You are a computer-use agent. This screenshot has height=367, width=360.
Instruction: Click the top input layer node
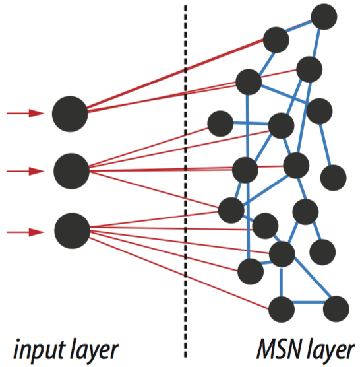[70, 114]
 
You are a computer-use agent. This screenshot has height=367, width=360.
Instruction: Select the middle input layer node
[71, 172]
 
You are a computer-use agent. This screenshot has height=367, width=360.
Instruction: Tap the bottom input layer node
[73, 231]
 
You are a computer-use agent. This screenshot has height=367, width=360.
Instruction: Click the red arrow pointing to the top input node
[25, 113]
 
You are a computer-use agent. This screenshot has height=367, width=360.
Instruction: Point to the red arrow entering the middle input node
[25, 171]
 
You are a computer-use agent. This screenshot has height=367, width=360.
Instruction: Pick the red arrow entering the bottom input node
[25, 232]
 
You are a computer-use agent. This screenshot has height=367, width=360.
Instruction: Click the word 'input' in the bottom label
[39, 349]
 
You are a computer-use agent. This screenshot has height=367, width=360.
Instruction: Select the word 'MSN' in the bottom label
[279, 349]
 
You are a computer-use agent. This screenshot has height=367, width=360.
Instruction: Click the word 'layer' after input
[94, 349]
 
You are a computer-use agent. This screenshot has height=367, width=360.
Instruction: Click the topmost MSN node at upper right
[324, 17]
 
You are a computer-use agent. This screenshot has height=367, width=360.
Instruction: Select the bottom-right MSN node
[336, 309]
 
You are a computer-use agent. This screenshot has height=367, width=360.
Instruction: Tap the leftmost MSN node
[220, 124]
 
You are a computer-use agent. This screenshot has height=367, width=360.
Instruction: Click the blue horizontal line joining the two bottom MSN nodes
[309, 302]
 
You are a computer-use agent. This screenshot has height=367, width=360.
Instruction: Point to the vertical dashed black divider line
[186, 182]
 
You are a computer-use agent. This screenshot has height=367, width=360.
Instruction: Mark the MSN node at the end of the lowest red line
[282, 310]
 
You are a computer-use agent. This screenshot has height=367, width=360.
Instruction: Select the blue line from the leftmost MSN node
[251, 123]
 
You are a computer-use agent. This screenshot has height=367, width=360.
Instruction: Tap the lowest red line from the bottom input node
[179, 273]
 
